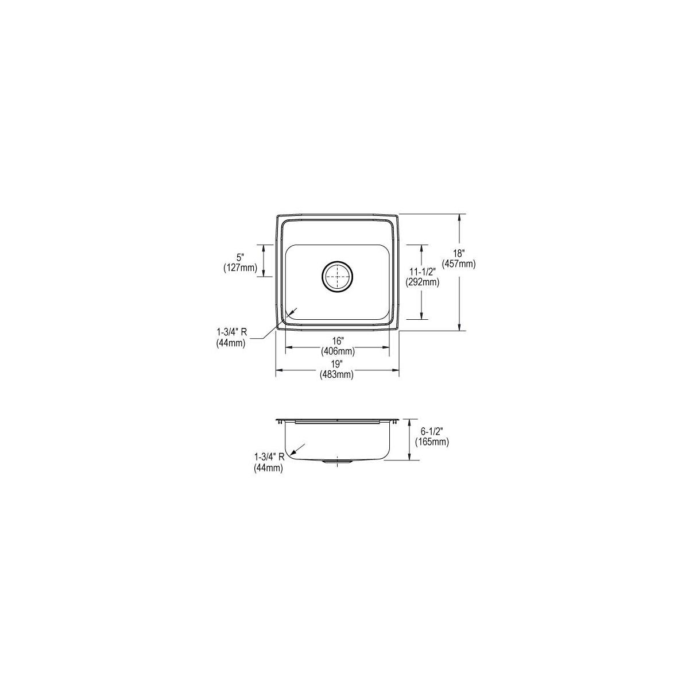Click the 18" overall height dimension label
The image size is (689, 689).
click(x=458, y=254)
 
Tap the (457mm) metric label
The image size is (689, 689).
click(x=459, y=264)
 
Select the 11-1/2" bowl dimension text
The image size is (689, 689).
click(x=422, y=272)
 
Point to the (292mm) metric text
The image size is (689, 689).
click(x=422, y=282)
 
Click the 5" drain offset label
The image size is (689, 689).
click(x=240, y=257)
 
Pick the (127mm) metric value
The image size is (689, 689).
click(x=240, y=267)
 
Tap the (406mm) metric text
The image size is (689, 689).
click(x=338, y=351)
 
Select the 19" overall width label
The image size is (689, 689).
click(x=337, y=365)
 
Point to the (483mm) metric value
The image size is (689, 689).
click(x=337, y=374)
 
